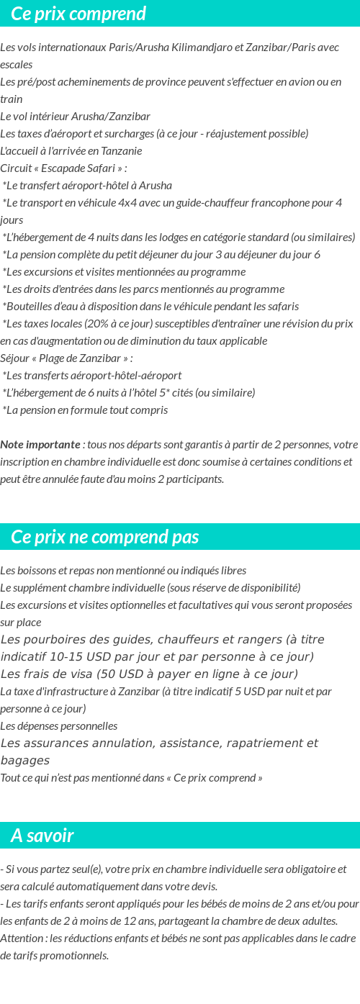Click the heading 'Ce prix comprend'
[78, 14]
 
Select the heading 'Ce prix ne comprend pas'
[105, 537]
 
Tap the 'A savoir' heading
[42, 836]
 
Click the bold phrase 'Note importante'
[40, 444]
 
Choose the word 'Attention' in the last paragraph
[22, 938]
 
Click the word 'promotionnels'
[75, 955]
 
